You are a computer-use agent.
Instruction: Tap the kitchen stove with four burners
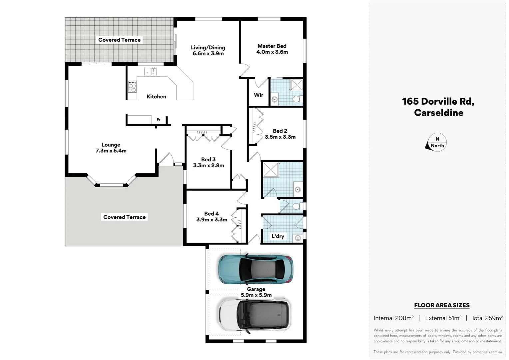pos(132,87)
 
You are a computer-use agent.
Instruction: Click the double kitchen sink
pos(150,71)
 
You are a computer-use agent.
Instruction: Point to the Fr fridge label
pos(159,119)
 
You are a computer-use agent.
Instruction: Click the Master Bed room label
pos(272,46)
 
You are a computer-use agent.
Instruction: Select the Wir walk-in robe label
pos(258,95)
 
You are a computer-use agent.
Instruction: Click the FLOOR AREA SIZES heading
pos(442,305)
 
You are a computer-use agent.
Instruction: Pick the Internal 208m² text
pos(393,318)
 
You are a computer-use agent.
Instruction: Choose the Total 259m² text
pos(487,318)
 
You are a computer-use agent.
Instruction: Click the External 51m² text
pos(443,318)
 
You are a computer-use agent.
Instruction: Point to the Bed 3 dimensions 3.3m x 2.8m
pos(209,165)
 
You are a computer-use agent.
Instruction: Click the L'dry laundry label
pos(278,236)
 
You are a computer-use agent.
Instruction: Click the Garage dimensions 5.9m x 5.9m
pos(256,295)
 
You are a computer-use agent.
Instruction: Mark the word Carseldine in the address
pos(438,113)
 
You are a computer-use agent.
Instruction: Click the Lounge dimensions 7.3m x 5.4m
pos(111,151)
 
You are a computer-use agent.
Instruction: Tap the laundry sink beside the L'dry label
pos(297,238)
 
